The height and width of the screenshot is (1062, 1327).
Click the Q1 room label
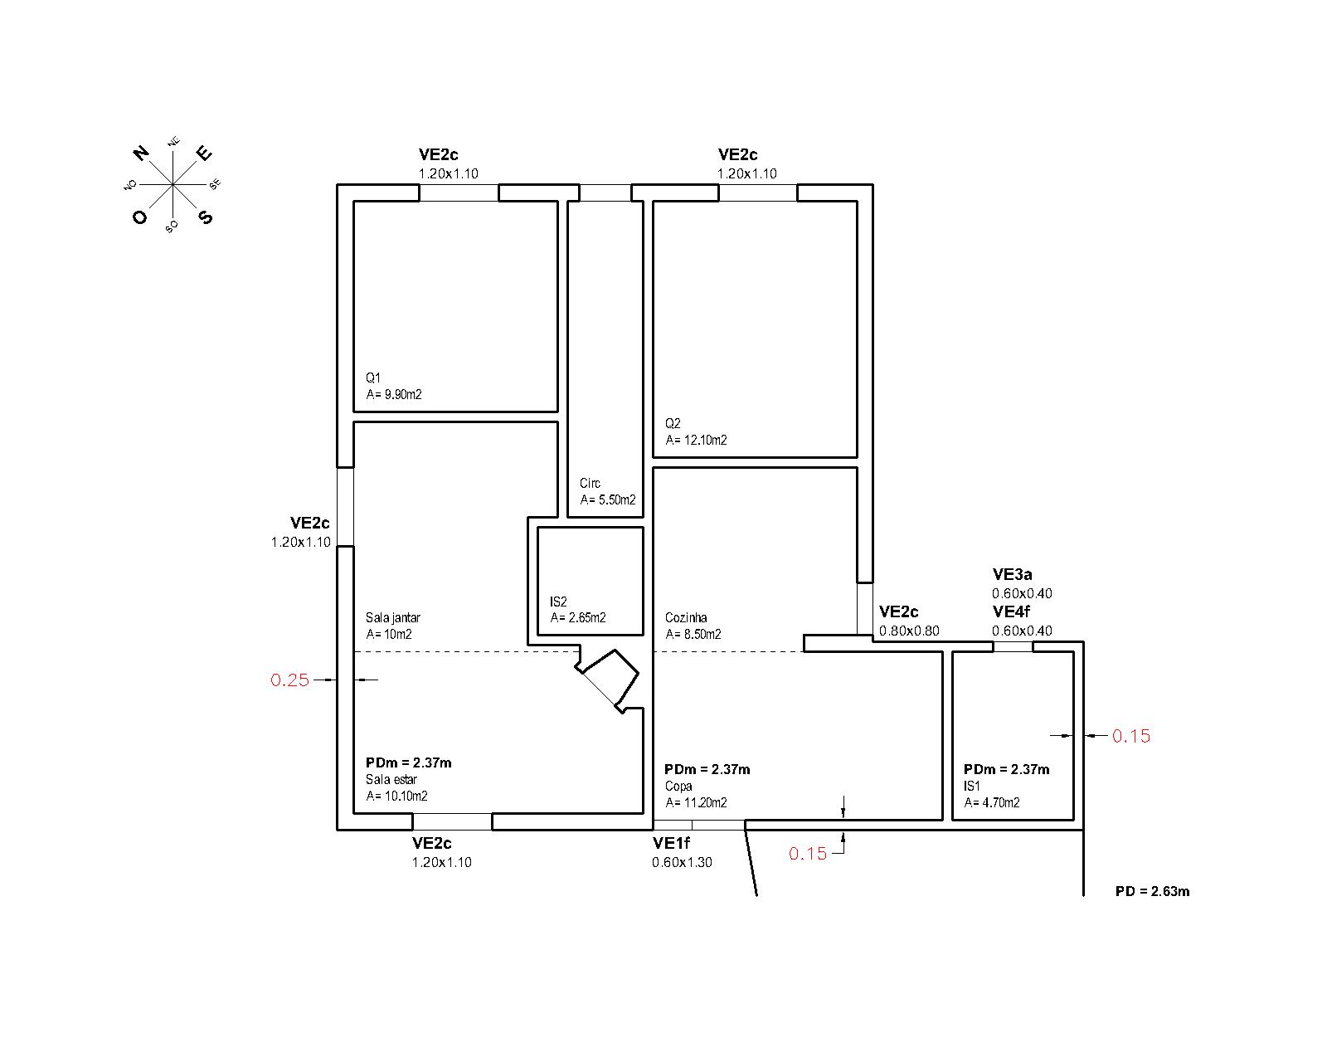tap(373, 378)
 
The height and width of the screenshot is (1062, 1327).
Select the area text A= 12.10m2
tap(696, 441)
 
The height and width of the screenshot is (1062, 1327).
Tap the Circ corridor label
tap(590, 484)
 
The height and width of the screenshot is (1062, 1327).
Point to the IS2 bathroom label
tap(558, 602)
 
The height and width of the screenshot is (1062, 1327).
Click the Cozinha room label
tap(686, 618)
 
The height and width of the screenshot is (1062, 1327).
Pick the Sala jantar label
tap(393, 618)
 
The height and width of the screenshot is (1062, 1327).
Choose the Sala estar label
tap(391, 780)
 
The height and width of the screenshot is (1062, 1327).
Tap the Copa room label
tap(678, 787)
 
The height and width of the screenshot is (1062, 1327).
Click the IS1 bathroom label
tap(972, 787)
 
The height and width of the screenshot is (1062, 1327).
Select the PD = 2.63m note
tap(1152, 892)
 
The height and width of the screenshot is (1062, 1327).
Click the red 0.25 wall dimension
tap(289, 680)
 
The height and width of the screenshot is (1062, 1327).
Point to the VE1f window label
tap(671, 844)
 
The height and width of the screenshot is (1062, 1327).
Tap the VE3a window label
tap(1012, 574)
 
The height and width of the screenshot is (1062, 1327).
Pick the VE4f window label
tap(1011, 612)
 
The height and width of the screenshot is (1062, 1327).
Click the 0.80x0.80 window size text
tap(909, 631)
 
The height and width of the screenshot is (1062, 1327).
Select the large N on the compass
tap(141, 153)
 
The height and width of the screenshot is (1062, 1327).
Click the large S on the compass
tap(205, 217)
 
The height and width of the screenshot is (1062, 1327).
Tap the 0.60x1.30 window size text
tap(682, 862)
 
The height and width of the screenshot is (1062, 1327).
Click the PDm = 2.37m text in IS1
tap(1006, 769)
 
